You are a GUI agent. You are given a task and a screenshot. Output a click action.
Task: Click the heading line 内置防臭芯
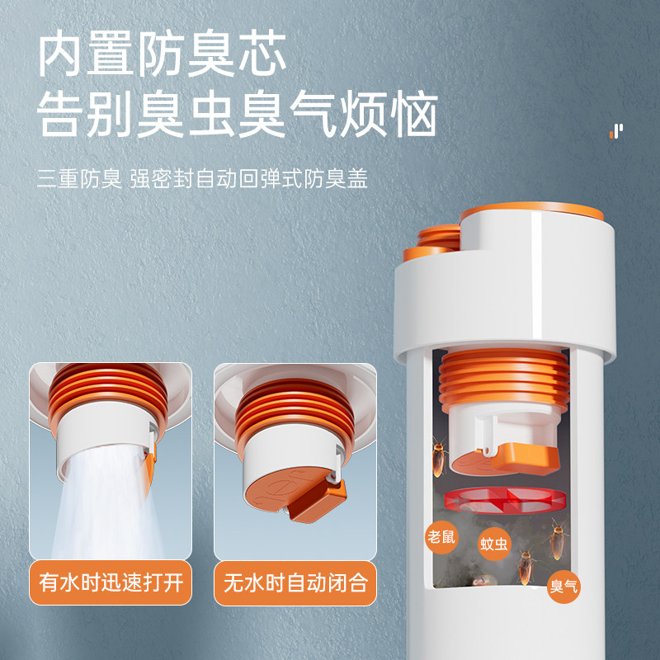(x=163, y=55)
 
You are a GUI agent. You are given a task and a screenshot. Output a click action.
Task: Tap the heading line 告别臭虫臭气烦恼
(x=238, y=116)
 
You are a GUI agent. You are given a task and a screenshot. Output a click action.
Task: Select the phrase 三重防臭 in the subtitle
(x=79, y=179)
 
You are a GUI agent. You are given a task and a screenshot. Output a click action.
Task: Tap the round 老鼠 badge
(x=441, y=536)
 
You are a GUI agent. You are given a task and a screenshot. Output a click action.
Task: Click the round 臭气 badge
(x=564, y=587)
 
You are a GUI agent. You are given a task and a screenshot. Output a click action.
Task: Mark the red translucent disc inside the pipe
(x=505, y=500)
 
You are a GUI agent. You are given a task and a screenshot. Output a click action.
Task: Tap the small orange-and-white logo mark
(x=616, y=130)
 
